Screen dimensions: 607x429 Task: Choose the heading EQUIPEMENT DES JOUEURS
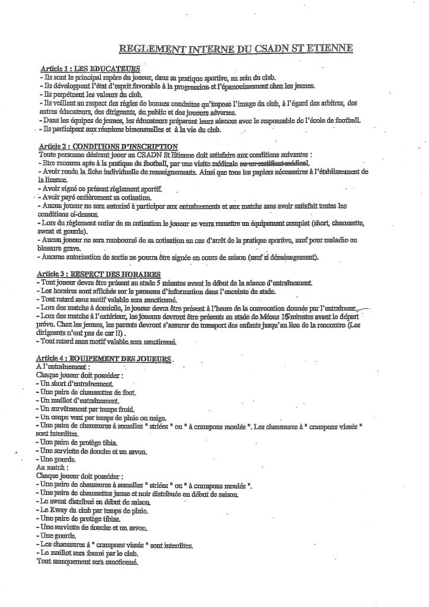coord(121,359)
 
